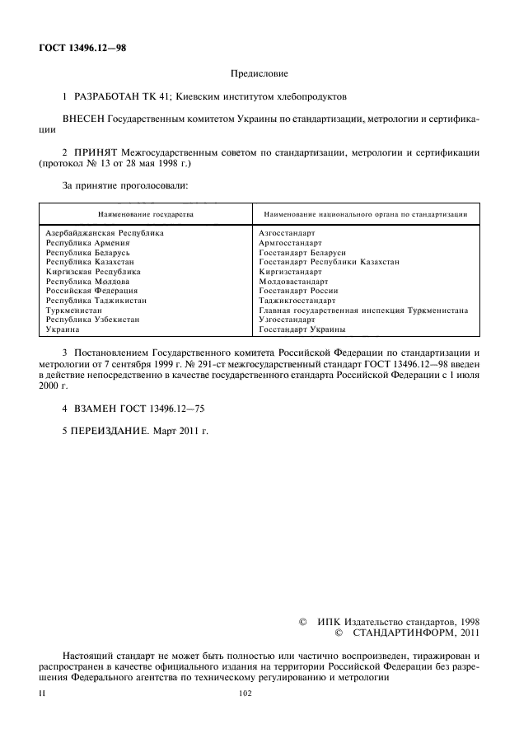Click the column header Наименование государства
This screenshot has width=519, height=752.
[146, 213]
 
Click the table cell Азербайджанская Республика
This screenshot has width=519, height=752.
[105, 233]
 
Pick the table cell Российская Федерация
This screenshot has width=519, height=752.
[91, 291]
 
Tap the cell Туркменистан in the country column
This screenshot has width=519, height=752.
[74, 311]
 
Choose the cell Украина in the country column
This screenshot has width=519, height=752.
[63, 329]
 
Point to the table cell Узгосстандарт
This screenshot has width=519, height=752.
[287, 320]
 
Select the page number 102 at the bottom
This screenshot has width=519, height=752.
[244, 694]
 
